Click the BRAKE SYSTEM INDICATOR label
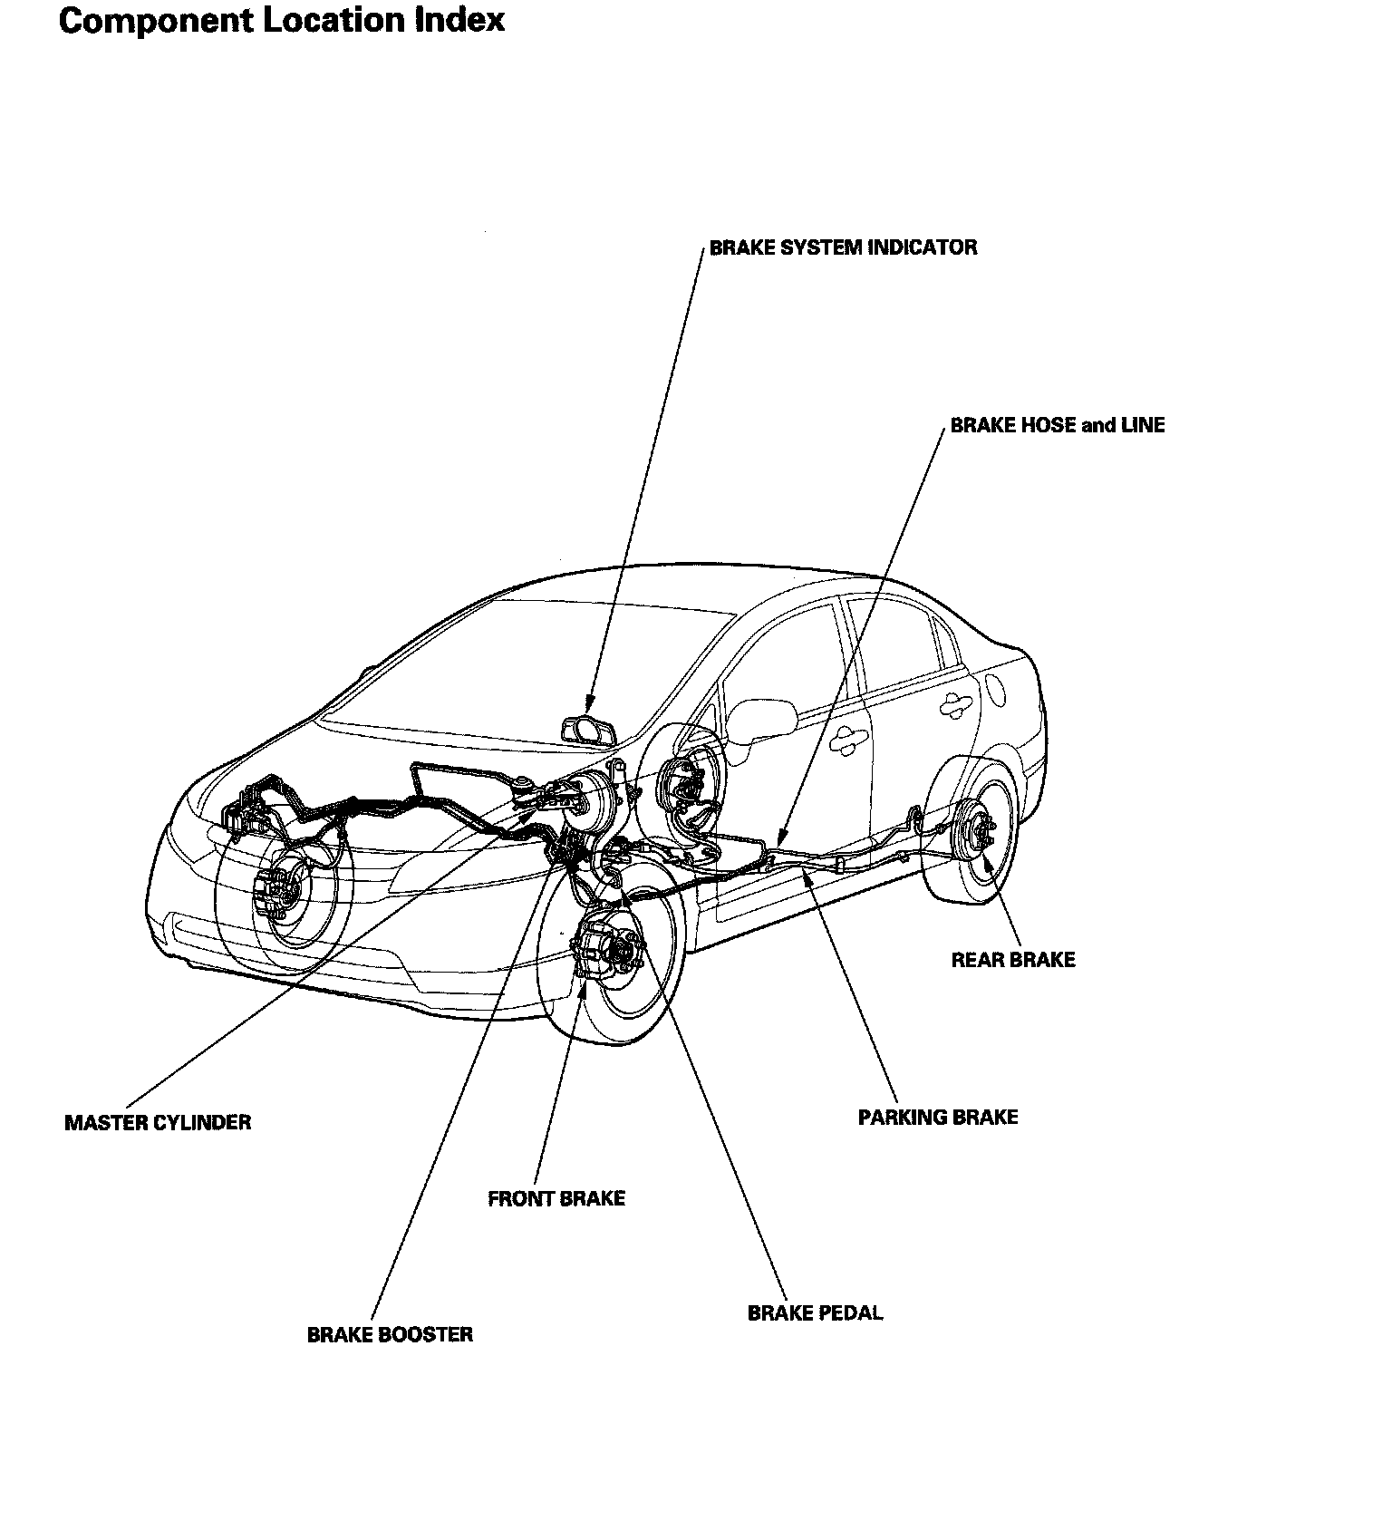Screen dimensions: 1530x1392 point(843,247)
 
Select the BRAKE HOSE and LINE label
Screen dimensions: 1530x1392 point(1057,425)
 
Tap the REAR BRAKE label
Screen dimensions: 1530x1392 point(1012,960)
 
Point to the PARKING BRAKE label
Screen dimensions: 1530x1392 point(938,1118)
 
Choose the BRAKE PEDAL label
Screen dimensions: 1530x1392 point(815,1313)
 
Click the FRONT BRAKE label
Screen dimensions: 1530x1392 point(556,1199)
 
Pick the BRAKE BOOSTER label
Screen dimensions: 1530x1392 point(390,1335)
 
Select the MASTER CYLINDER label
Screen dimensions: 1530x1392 point(158,1123)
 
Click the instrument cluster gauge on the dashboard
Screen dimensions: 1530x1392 point(587,730)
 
